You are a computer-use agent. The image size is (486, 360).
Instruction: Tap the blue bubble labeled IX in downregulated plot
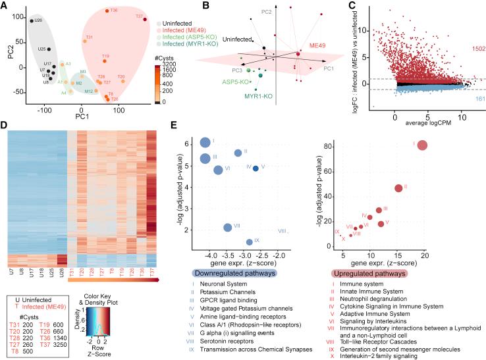tap(250, 242)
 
